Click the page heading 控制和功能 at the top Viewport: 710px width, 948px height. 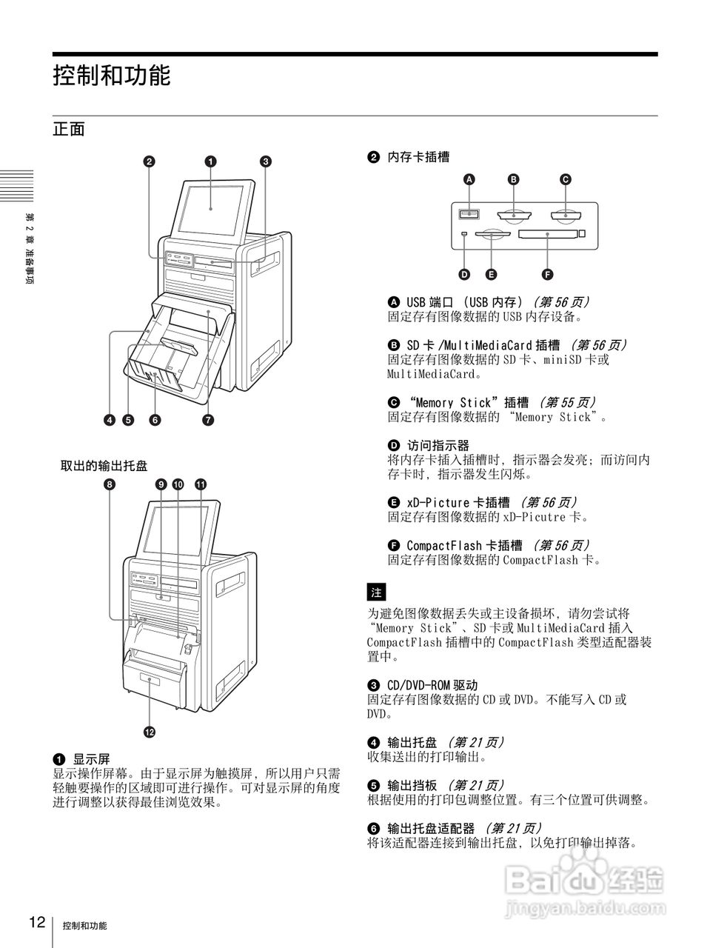[x=112, y=76]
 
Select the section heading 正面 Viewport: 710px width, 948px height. [x=69, y=129]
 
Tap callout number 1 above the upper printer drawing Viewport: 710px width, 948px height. [x=210, y=161]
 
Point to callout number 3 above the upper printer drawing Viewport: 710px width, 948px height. [x=265, y=161]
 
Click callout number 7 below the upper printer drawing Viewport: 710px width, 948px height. [x=208, y=421]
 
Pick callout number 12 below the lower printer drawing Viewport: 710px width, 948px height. [x=150, y=732]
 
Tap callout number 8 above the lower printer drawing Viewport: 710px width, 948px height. [x=110, y=484]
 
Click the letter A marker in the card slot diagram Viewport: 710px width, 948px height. [x=468, y=179]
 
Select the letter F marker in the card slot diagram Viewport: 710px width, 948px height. [x=547, y=275]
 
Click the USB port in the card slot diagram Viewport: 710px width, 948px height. [x=469, y=215]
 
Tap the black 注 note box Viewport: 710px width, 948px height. [x=376, y=592]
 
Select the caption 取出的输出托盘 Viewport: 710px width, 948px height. [x=104, y=466]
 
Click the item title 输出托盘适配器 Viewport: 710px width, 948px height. [x=431, y=828]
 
